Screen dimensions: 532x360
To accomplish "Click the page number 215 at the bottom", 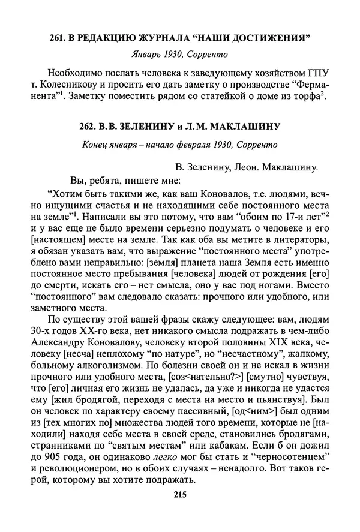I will click(180, 494).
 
